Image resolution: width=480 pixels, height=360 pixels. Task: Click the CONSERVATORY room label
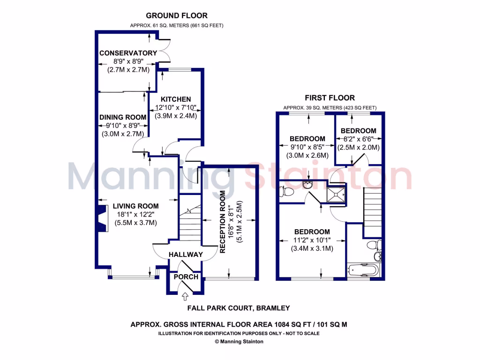pyautogui.click(x=128, y=53)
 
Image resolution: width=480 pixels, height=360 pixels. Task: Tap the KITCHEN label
pyautogui.click(x=176, y=99)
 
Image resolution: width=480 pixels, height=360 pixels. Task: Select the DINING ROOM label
pyautogui.click(x=123, y=117)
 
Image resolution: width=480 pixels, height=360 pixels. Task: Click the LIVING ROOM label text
pyautogui.click(x=135, y=206)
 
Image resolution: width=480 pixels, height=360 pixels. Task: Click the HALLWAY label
pyautogui.click(x=186, y=255)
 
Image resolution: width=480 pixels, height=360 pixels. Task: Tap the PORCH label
pyautogui.click(x=186, y=277)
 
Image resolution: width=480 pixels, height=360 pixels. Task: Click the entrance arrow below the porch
pyautogui.click(x=185, y=296)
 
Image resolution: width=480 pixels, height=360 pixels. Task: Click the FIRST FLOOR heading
pyautogui.click(x=330, y=98)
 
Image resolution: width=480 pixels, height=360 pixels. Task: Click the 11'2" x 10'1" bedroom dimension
pyautogui.click(x=312, y=240)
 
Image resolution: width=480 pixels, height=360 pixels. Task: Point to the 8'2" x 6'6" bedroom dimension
pyautogui.click(x=359, y=139)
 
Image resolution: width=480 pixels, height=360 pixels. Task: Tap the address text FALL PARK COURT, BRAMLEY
pyautogui.click(x=239, y=308)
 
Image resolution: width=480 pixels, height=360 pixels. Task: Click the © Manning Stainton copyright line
pyautogui.click(x=239, y=342)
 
